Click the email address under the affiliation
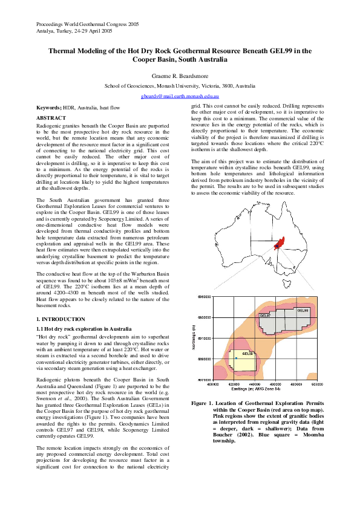coord(180,96)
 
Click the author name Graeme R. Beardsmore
coord(180,76)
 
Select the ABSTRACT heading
coord(51,117)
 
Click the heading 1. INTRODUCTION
coord(61,319)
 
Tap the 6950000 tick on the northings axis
coord(203,297)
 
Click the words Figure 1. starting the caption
coord(202,403)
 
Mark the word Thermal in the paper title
coord(62,51)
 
